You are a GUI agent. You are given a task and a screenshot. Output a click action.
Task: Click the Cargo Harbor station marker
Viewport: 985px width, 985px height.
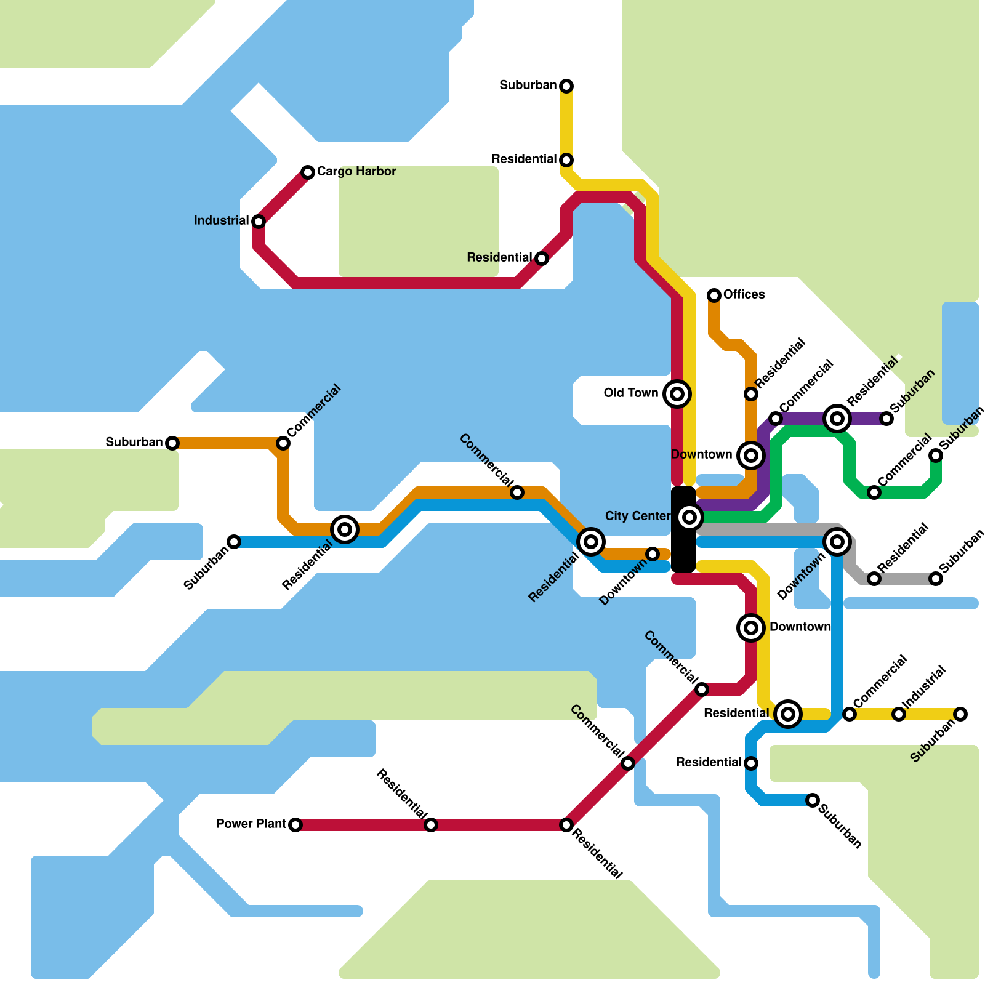point(308,172)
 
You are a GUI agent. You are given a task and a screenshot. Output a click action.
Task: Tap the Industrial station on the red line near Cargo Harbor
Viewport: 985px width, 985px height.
point(259,222)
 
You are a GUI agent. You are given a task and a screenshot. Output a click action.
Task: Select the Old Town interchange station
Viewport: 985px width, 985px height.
point(677,394)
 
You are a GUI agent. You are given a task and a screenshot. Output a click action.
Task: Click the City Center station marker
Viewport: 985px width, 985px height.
point(689,517)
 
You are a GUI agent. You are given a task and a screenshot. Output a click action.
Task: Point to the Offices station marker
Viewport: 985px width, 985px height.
point(714,295)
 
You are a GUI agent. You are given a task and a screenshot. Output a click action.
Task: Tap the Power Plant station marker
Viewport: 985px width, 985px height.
point(295,825)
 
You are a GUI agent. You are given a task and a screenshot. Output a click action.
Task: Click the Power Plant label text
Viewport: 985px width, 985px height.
point(251,824)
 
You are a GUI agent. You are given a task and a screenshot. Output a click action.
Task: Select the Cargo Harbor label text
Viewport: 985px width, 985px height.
point(356,171)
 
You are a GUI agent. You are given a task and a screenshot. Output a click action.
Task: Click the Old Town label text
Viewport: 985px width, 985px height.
point(631,393)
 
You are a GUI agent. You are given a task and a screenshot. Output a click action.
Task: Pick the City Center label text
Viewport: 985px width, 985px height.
point(638,516)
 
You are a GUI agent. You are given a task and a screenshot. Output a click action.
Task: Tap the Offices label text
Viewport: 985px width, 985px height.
point(744,294)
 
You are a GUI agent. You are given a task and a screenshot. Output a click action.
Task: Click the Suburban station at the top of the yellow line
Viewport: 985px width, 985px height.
point(566,86)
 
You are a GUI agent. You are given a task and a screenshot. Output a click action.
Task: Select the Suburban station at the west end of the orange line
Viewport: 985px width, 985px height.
point(172,443)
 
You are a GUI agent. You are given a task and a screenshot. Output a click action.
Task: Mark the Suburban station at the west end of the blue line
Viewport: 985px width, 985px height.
point(234,542)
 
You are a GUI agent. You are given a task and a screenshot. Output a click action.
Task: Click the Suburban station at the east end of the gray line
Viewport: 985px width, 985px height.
point(936,579)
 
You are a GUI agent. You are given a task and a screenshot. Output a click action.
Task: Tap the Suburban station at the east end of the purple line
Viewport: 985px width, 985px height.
point(886,419)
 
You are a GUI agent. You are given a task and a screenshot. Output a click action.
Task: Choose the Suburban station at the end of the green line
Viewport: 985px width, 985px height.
point(936,456)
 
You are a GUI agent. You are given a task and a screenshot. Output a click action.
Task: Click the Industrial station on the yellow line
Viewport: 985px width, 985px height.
point(899,714)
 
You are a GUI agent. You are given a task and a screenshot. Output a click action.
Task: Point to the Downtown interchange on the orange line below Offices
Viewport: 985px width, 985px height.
point(751,456)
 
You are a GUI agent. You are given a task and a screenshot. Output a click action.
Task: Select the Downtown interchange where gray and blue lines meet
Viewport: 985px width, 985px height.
point(837,542)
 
